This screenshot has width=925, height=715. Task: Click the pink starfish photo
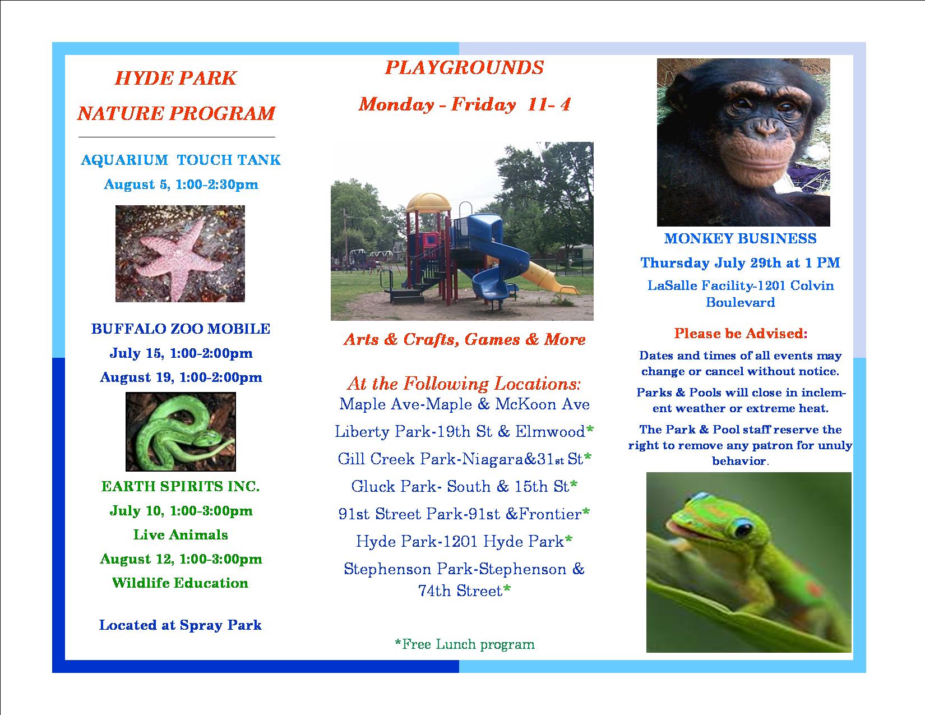pyautogui.click(x=180, y=254)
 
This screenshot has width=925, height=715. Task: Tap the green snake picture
pyautogui.click(x=181, y=432)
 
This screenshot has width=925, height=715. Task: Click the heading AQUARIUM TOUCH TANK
pyautogui.click(x=181, y=160)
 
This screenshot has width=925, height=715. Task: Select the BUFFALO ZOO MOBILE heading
pyautogui.click(x=181, y=329)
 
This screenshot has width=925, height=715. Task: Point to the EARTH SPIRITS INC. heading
pyautogui.click(x=181, y=486)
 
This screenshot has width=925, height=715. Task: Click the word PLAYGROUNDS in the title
pyautogui.click(x=464, y=68)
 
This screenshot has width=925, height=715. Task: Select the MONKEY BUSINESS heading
pyautogui.click(x=740, y=238)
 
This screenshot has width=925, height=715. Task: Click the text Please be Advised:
pyautogui.click(x=741, y=334)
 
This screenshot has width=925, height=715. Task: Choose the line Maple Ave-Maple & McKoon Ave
pyautogui.click(x=464, y=404)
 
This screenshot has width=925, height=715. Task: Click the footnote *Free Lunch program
pyautogui.click(x=464, y=644)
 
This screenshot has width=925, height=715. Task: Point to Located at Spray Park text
pyautogui.click(x=181, y=625)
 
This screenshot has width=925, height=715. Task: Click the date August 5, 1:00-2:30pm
pyautogui.click(x=181, y=184)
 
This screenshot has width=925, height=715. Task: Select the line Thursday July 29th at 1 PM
pyautogui.click(x=740, y=263)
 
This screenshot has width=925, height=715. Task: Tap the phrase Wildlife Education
pyautogui.click(x=180, y=583)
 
